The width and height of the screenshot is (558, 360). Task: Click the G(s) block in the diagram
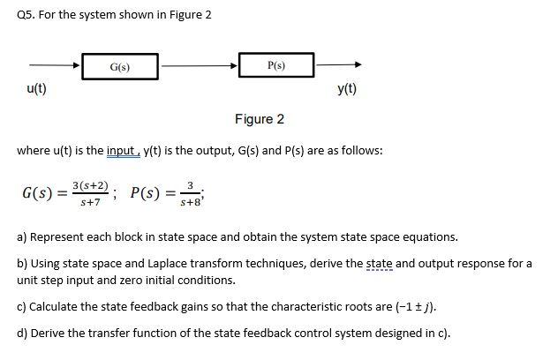(x=120, y=65)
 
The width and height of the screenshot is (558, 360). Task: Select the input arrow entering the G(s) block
(x=55, y=65)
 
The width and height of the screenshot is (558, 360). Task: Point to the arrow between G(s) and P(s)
(x=198, y=65)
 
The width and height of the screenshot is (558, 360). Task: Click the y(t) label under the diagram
(x=346, y=89)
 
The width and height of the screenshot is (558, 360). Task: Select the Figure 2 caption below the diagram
(x=260, y=119)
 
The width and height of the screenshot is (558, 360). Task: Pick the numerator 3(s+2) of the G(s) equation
(x=93, y=186)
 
